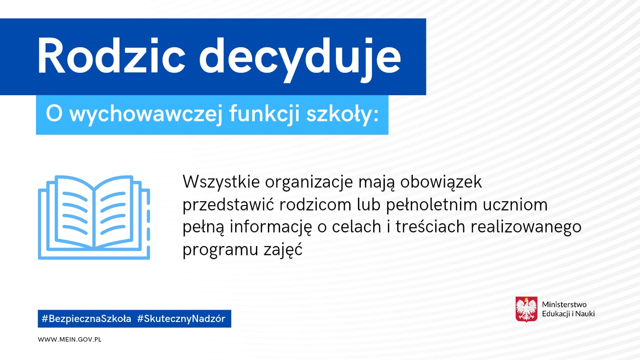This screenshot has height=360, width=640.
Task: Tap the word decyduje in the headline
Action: click(x=300, y=60)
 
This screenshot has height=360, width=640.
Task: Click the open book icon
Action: click(x=94, y=218)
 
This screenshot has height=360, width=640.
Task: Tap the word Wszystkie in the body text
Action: click(x=221, y=182)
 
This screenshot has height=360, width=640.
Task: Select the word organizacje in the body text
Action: click(x=309, y=183)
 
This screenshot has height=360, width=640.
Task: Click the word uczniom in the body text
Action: click(x=515, y=205)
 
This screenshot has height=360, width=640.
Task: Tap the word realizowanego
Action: click(x=526, y=228)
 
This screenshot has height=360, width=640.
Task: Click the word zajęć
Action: click(x=283, y=249)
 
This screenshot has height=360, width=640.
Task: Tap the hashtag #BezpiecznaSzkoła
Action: click(x=86, y=318)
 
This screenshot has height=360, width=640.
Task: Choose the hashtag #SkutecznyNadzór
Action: click(x=181, y=318)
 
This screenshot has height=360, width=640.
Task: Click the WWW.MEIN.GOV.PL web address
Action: click(x=70, y=340)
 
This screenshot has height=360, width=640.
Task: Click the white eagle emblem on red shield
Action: click(x=526, y=310)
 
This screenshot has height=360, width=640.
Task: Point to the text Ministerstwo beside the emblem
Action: click(x=564, y=304)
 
